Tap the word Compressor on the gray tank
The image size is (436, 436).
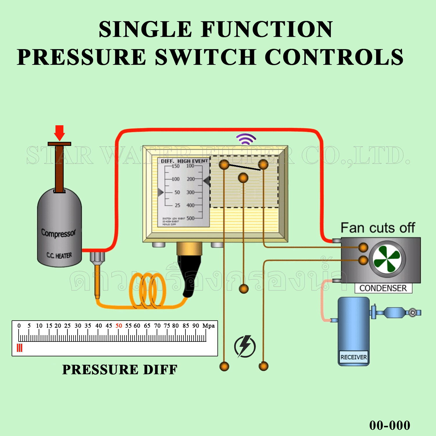pos(58,233)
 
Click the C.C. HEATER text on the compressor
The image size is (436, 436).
pos(59,256)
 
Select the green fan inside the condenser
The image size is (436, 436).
pos(387,258)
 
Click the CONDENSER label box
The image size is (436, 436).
pos(383,288)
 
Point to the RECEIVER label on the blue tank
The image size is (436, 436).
pos(353,357)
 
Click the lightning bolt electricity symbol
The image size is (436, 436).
pos(245,346)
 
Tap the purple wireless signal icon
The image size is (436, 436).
pos(246,139)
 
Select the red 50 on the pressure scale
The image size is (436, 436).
pos(119,326)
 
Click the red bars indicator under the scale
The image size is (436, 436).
pos(19,348)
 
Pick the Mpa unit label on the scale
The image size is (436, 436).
pos(208,326)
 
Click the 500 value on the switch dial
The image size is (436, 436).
pos(190,218)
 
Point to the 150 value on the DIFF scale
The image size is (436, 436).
pos(176,166)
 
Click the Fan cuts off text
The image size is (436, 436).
pos(378,228)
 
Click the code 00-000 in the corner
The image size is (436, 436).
pos(389,425)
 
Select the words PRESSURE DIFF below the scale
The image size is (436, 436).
pos(119,369)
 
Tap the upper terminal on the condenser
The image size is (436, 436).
pos(363,248)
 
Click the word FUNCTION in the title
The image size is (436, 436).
pos(267,29)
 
